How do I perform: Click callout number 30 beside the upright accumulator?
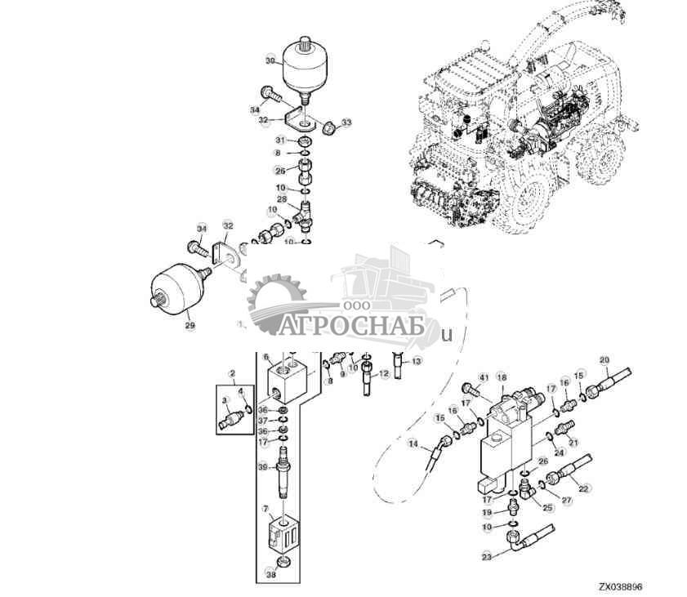270,61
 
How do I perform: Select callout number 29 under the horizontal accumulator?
190,325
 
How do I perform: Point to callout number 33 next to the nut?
346,123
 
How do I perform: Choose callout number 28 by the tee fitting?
281,199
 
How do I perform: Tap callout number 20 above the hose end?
604,360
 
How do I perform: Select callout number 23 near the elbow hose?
487,558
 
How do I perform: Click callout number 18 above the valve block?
502,377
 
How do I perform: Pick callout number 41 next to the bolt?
483,377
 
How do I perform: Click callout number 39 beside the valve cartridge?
262,466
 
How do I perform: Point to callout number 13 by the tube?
417,360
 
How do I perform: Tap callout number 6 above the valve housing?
265,356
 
